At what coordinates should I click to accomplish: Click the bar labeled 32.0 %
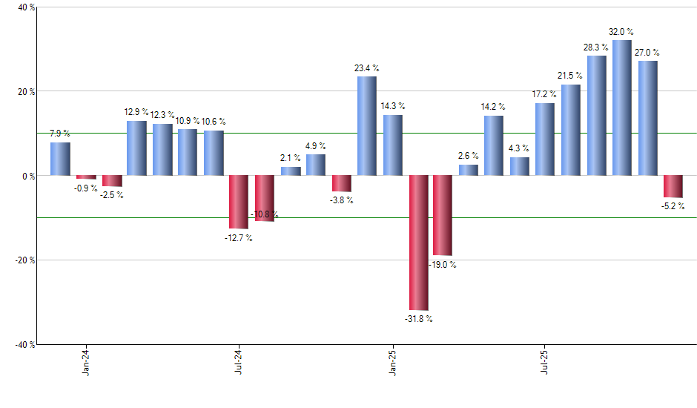coord(622,108)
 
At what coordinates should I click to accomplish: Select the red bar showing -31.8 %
coord(418,243)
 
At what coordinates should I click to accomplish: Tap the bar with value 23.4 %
coord(367,126)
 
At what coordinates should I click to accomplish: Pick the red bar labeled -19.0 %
coord(443,215)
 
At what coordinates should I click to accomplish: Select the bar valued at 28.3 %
coord(597,116)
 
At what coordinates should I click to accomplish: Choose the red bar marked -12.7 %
coord(239,202)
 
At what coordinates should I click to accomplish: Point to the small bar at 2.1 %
coord(291,171)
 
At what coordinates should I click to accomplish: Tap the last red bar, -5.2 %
coord(673,186)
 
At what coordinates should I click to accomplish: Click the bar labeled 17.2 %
coord(545,139)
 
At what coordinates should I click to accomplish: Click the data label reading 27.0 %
coord(647,53)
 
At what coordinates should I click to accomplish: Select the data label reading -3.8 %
coord(342,200)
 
